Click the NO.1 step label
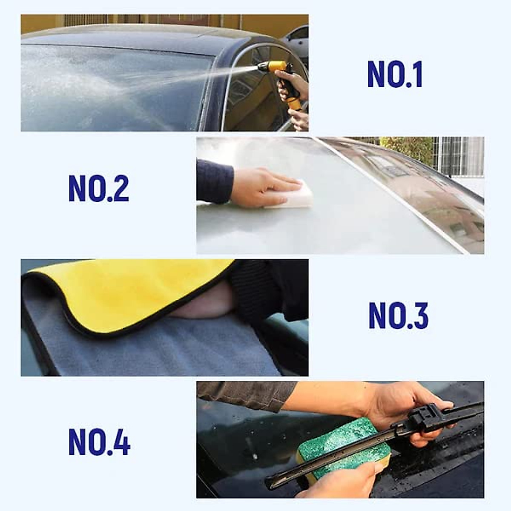(x=395, y=75)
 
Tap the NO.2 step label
(x=99, y=189)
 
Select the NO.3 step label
(x=398, y=316)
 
